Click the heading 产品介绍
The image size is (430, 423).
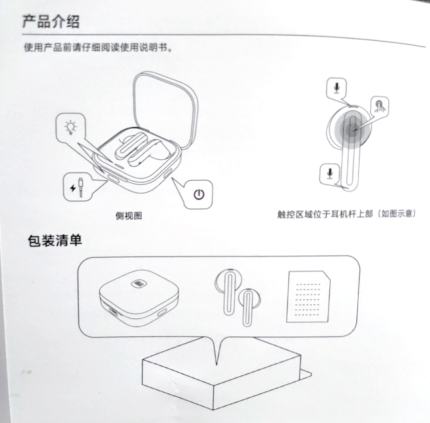click(51, 22)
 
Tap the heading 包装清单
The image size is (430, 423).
click(55, 241)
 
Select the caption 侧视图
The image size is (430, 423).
click(129, 215)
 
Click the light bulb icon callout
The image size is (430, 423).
click(70, 127)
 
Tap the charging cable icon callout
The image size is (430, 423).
click(78, 187)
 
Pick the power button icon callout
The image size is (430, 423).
click(199, 194)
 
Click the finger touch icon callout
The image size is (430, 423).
click(380, 106)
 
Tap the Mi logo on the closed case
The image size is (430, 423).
click(139, 283)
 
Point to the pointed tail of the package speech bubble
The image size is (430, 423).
click(217, 365)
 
